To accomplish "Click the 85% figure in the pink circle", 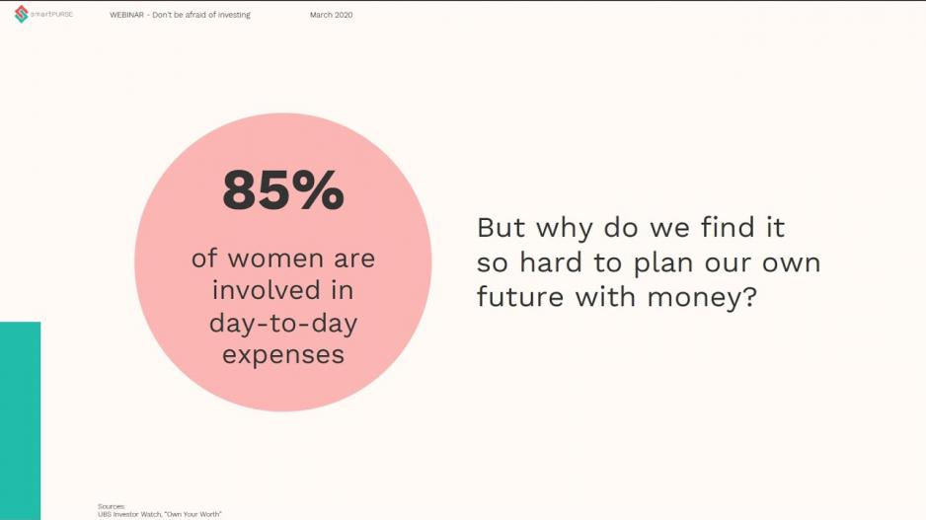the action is [x=283, y=190].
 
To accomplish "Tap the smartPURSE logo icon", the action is [x=22, y=14].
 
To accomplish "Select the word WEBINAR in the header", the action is [x=126, y=15].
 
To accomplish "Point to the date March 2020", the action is [x=331, y=15].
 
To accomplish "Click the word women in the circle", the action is [x=275, y=259].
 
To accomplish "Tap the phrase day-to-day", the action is [x=283, y=323].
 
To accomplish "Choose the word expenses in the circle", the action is [x=283, y=355].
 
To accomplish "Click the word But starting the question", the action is [x=501, y=228].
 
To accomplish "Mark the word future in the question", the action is [x=520, y=296].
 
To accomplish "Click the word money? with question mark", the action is [x=702, y=297].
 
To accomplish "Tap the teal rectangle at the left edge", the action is [x=20, y=421].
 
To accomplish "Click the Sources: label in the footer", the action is [x=111, y=506].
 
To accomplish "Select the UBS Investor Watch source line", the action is [x=160, y=515].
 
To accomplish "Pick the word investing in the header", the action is [x=234, y=15].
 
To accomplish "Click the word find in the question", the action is [x=728, y=228].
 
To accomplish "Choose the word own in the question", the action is [x=792, y=263].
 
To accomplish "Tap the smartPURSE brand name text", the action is [x=51, y=14].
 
